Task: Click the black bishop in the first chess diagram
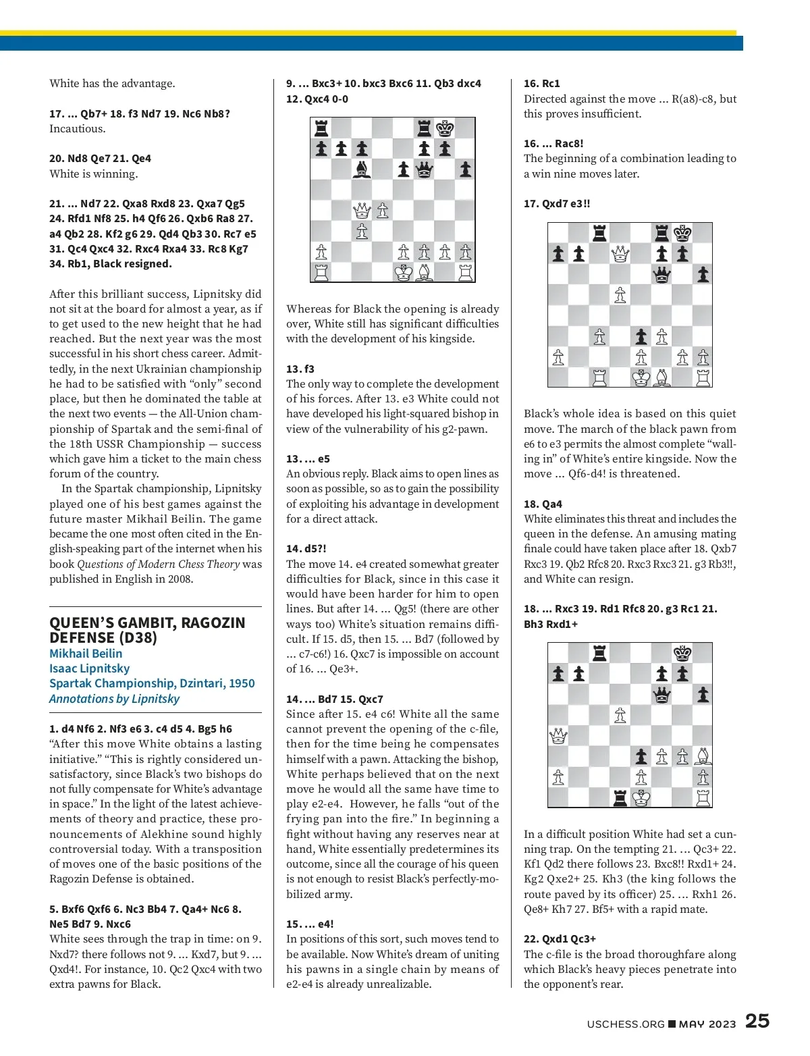(362, 169)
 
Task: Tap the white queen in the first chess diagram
(362, 211)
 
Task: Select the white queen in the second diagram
(620, 254)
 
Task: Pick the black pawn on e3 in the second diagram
(641, 336)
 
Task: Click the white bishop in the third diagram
(703, 756)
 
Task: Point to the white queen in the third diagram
(558, 736)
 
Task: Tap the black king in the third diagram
(682, 653)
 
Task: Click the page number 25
(757, 1021)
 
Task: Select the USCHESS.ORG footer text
(626, 1024)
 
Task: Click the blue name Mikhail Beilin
(86, 654)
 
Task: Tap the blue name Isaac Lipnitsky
(89, 668)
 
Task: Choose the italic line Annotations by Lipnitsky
(114, 699)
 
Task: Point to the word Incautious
(77, 129)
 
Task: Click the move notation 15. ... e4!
(310, 924)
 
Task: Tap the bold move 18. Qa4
(543, 504)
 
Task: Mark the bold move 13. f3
(300, 369)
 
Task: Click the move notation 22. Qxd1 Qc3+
(560, 939)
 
